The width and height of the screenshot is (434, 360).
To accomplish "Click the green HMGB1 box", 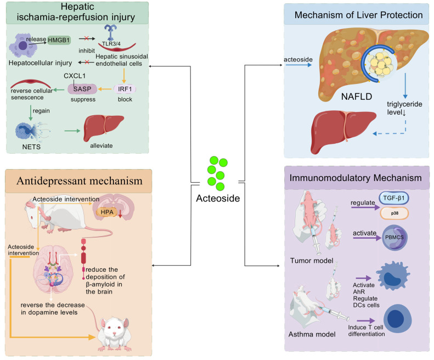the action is pyautogui.click(x=59, y=40).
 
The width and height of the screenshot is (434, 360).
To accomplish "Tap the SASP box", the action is pyautogui.click(x=82, y=89).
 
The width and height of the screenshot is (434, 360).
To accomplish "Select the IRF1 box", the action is pyautogui.click(x=125, y=89).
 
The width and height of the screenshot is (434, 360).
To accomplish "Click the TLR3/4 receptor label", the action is pyautogui.click(x=111, y=44).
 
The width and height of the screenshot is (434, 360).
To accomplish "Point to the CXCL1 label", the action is pyautogui.click(x=75, y=76).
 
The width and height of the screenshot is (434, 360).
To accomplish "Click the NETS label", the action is pyautogui.click(x=31, y=147).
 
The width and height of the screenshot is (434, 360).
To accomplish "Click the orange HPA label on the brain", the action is pyautogui.click(x=107, y=212).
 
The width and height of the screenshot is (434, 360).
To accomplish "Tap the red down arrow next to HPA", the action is pyautogui.click(x=120, y=213).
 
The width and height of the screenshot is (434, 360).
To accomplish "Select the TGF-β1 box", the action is pyautogui.click(x=393, y=198).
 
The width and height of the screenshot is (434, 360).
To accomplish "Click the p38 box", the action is pyautogui.click(x=394, y=213).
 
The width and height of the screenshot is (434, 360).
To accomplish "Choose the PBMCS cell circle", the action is pyautogui.click(x=394, y=237).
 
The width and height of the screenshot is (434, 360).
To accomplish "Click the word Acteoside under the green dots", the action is pyautogui.click(x=218, y=198).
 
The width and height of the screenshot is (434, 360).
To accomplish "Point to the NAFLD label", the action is pyautogui.click(x=357, y=97).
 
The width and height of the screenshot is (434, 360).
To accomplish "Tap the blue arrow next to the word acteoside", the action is pyautogui.click(x=298, y=65).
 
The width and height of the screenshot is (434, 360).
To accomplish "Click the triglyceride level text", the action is pyautogui.click(x=404, y=108).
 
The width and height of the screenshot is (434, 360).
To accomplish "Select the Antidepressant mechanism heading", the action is pyautogui.click(x=80, y=181).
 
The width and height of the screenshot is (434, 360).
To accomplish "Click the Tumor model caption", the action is pyautogui.click(x=312, y=261).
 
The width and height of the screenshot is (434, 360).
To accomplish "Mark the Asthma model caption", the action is pyautogui.click(x=312, y=334).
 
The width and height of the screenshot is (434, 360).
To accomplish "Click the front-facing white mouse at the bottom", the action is pyautogui.click(x=114, y=334).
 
